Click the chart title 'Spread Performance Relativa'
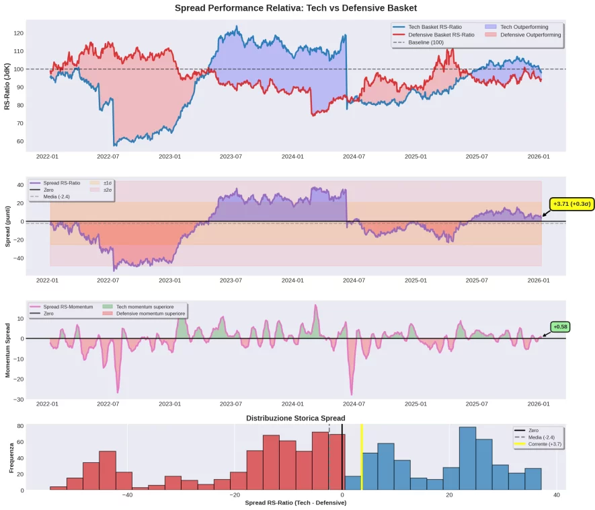pos(296,8)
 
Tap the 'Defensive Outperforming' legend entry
pos(530,35)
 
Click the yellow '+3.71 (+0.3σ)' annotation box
pos(571,204)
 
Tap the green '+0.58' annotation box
pos(560,327)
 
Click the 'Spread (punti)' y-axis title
pos(7,226)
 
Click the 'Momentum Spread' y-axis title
pos(7,350)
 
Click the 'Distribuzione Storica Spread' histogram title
pos(296,418)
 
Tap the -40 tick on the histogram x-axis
pos(127,495)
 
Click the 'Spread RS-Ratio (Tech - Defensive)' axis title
pos(296,503)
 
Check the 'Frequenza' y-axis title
pos(11,457)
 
